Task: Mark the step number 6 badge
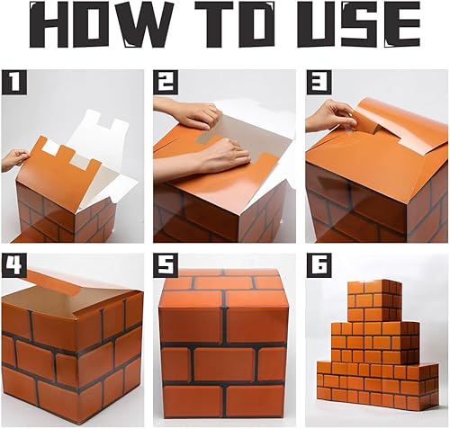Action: click(x=316, y=264)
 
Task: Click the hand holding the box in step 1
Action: click(x=14, y=159)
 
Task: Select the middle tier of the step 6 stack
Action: click(x=374, y=342)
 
